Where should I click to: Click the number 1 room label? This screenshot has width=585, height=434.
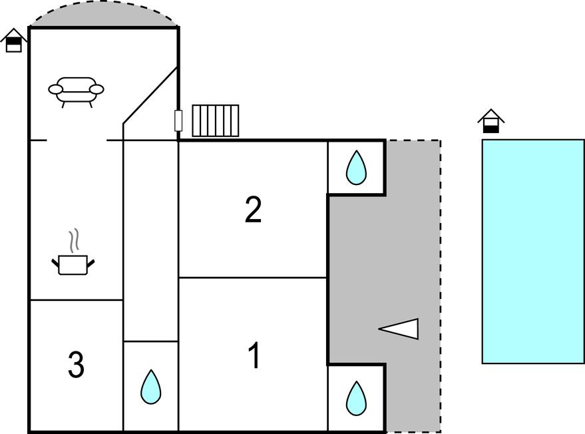coord(254,356)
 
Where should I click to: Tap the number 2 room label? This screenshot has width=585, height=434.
coord(253,210)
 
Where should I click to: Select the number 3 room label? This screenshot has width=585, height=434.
coord(76,365)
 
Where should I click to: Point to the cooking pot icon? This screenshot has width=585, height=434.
coord(73,264)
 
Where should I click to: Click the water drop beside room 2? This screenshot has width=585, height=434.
coord(356,168)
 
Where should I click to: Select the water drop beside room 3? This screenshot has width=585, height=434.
coord(151,387)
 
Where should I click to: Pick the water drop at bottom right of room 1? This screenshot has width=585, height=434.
coord(356,397)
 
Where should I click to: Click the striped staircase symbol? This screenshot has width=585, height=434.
coord(215,120)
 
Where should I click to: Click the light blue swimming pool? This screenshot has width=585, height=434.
coord(532,251)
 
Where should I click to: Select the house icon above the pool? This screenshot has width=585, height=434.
coord(490,121)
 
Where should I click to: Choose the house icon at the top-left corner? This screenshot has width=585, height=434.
coord(13,40)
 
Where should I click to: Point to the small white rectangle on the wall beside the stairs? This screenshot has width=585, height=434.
coord(178,120)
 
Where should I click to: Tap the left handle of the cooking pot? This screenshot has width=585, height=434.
coord(55,265)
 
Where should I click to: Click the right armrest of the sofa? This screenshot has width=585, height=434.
coord(97,89)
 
